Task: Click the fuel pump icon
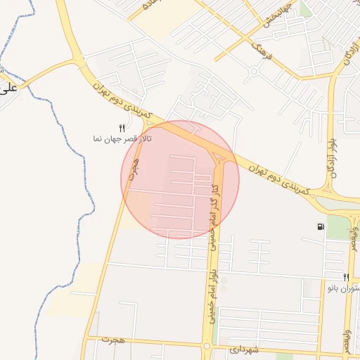pyautogui.click(x=321, y=226)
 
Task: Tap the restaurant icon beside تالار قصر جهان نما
pyautogui.click(x=122, y=128)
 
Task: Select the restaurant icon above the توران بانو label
pyautogui.click(x=346, y=277)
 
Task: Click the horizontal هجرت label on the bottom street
pyautogui.click(x=112, y=340)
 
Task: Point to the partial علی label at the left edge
pyautogui.click(x=8, y=89)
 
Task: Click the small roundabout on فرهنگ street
pyautogui.click(x=253, y=71)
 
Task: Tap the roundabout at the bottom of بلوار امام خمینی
pyautogui.click(x=207, y=346)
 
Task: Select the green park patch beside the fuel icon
pyautogui.click(x=339, y=227)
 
